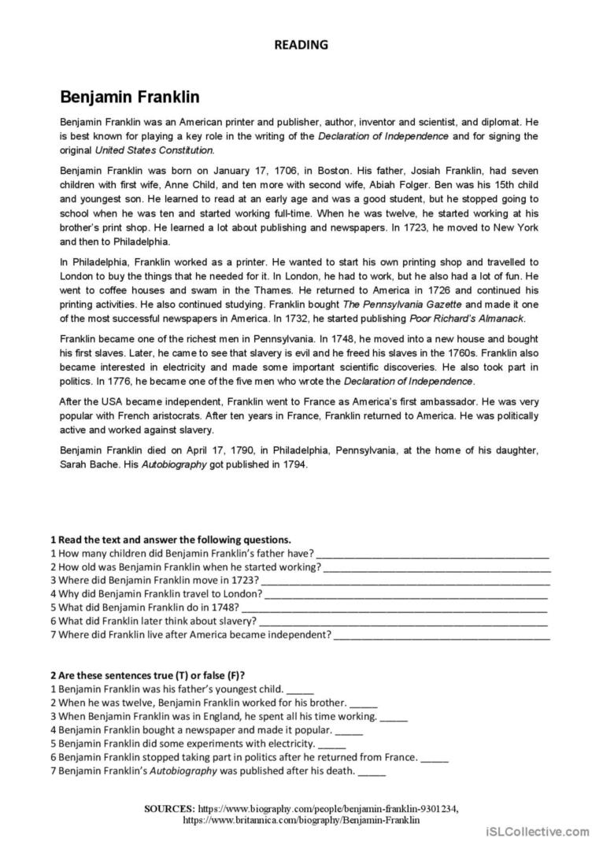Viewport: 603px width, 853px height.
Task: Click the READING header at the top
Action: [x=301, y=45]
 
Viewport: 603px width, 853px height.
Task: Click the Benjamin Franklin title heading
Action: [x=130, y=98]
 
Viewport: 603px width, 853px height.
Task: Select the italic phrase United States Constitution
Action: [x=154, y=150]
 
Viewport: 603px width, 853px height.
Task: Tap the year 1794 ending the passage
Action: [x=292, y=464]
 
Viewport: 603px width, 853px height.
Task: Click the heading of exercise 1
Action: [x=171, y=540]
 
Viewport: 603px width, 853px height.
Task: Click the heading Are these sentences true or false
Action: [x=147, y=675]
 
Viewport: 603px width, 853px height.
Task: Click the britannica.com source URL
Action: [x=301, y=819]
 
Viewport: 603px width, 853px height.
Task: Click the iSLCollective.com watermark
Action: [x=538, y=831]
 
